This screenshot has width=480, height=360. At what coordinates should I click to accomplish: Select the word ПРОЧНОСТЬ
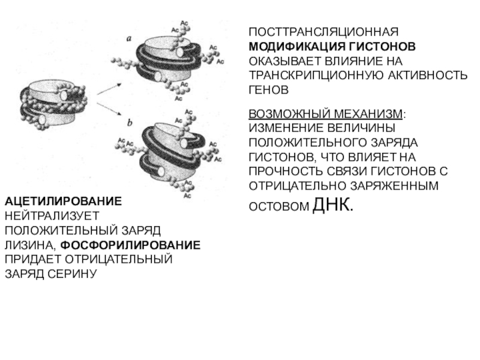[286, 172]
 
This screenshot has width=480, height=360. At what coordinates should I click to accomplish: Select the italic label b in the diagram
[130, 124]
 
